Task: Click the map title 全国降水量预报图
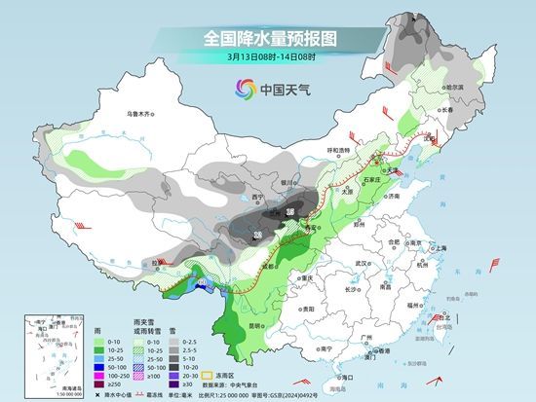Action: point(268,38)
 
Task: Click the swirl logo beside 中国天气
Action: point(241,90)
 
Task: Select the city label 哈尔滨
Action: point(450,88)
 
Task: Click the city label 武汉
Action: point(365,263)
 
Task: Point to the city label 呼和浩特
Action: point(337,150)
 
